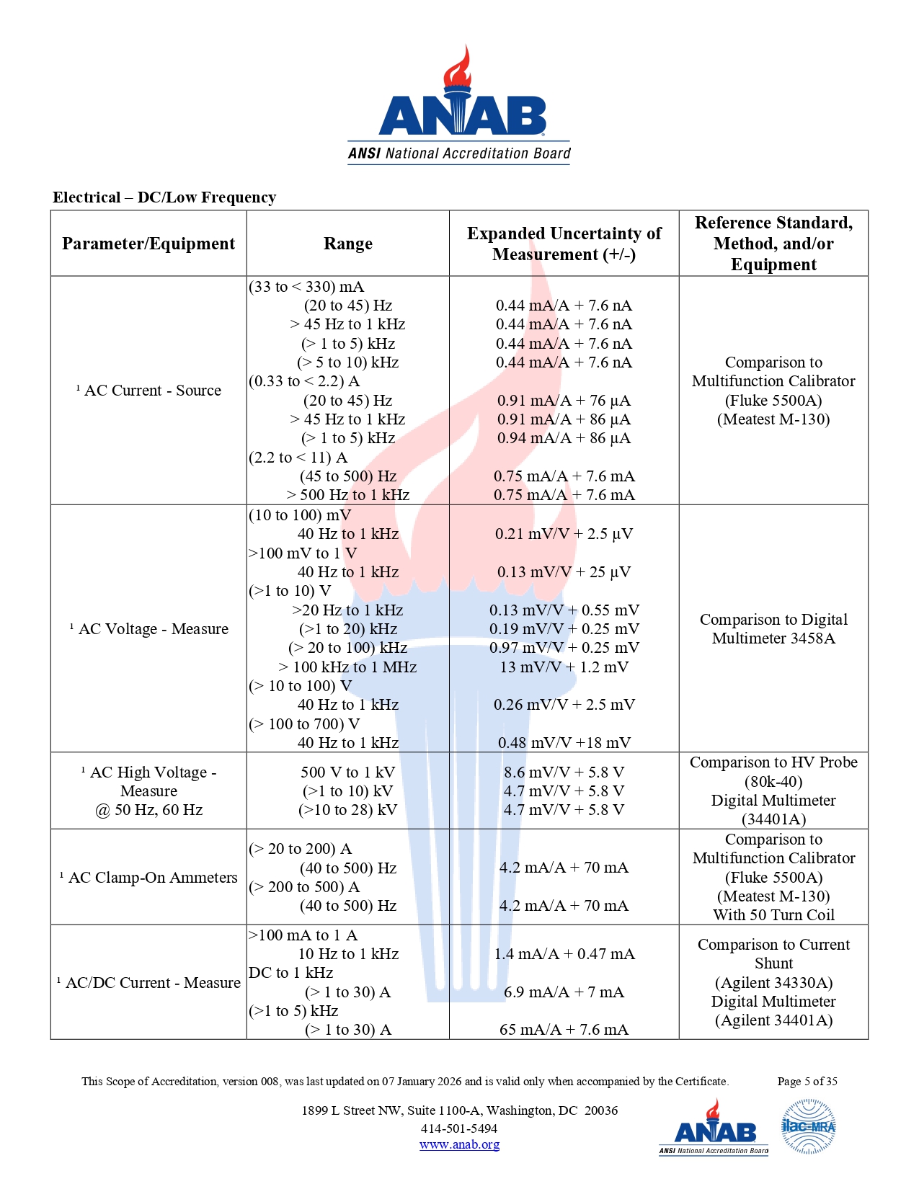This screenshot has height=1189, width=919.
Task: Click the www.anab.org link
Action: coord(459,1144)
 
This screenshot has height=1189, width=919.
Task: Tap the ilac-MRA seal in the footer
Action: coord(808,1126)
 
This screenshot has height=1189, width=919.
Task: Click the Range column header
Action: coord(347,244)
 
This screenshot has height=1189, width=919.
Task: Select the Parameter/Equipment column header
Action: coord(148,244)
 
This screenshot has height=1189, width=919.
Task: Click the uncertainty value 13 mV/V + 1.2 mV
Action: coord(564,667)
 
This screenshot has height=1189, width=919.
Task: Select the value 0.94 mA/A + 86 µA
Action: coord(564,438)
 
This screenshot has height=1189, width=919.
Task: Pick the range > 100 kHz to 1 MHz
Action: coord(347,667)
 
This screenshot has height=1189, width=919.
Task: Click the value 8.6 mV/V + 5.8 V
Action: coord(564,772)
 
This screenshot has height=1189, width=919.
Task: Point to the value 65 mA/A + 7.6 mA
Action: coord(564,1030)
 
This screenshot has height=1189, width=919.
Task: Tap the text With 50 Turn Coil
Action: coord(773,915)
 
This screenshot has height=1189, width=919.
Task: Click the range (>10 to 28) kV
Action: coord(347,810)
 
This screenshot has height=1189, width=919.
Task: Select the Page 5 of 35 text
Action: coord(807,1081)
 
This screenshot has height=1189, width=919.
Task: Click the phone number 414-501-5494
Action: coord(459,1128)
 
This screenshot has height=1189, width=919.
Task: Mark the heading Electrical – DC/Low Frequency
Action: coord(164,197)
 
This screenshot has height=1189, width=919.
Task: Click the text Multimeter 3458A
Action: coord(773,638)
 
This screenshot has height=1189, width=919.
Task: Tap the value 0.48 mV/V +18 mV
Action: coord(564,743)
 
